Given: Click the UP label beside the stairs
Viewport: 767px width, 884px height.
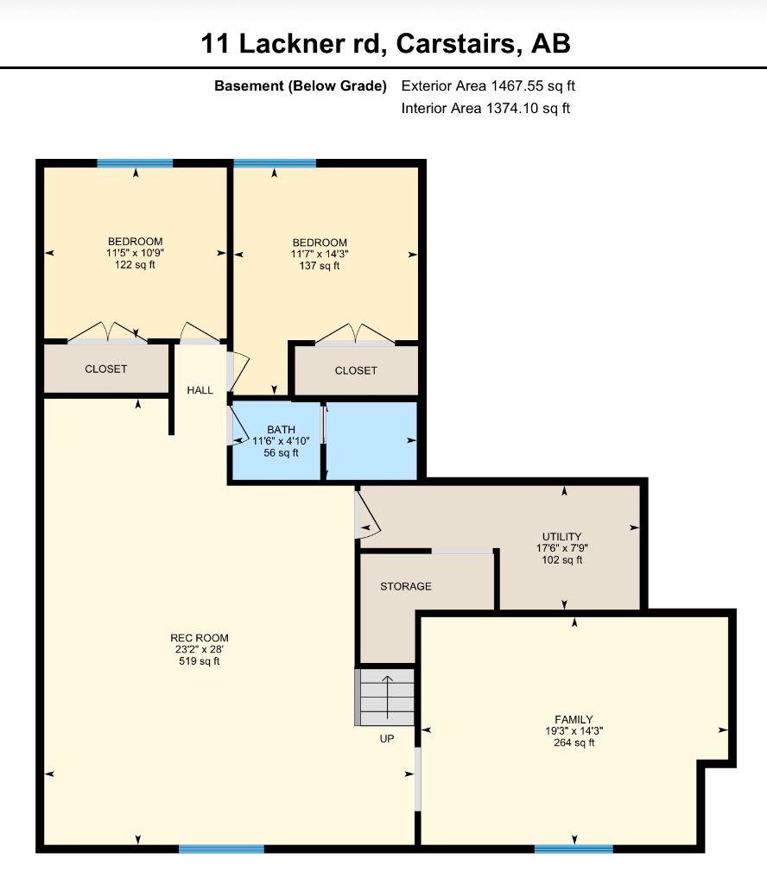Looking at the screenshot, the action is (x=387, y=739).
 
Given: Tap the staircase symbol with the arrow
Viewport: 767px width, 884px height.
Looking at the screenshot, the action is (x=386, y=697).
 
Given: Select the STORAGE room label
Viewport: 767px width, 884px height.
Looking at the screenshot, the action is (x=405, y=586).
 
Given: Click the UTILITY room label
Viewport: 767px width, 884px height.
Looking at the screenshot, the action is (x=561, y=536).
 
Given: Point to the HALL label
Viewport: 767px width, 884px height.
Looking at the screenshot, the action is (x=200, y=390).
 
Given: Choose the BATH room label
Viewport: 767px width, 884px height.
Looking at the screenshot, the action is (x=281, y=430).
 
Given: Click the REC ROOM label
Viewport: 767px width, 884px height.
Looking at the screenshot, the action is (x=200, y=638).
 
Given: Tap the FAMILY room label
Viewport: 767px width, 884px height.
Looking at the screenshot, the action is (x=574, y=719).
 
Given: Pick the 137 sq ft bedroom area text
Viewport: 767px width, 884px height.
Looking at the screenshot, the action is (x=320, y=266).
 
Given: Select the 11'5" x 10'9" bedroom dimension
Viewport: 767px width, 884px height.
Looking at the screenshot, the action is (x=136, y=253).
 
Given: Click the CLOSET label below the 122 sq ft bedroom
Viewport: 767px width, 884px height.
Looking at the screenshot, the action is (x=106, y=369).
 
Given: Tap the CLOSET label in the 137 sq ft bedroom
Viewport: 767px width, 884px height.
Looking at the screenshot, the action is (x=356, y=370).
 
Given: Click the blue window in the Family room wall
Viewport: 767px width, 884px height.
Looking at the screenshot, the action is (x=574, y=849).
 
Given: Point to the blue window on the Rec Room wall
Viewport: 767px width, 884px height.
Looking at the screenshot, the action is (x=221, y=849).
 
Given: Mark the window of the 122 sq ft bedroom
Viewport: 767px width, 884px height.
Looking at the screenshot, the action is (x=135, y=163).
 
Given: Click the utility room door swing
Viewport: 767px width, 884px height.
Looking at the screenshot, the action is (x=368, y=515).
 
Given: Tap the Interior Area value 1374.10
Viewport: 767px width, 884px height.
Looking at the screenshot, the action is (x=513, y=108).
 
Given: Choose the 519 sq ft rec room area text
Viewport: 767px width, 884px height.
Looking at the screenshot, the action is (x=200, y=660).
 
